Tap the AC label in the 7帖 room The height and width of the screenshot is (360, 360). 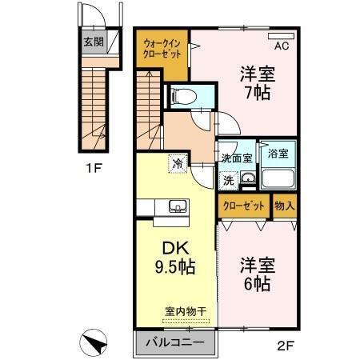tap(281, 45)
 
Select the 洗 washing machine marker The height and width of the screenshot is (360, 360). tap(228, 179)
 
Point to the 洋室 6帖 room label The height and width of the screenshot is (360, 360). tap(255, 274)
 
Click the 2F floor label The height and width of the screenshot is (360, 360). tap(286, 346)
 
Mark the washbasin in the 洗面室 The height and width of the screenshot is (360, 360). tap(248, 178)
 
